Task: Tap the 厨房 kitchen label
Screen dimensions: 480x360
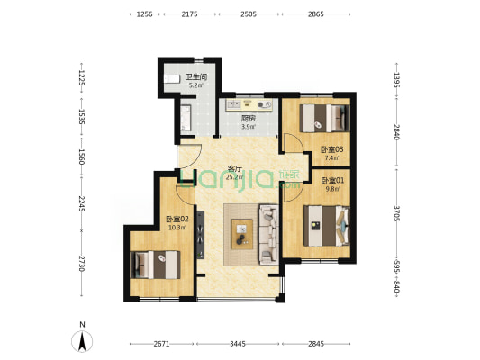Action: point(248,119)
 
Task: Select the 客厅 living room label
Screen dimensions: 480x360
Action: point(235,168)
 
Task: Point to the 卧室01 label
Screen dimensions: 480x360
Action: point(332,181)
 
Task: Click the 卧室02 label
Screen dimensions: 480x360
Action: point(177,220)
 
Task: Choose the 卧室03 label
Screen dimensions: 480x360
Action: point(331,149)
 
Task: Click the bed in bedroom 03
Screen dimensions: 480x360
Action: point(324,119)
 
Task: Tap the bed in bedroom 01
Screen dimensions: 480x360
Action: point(326,226)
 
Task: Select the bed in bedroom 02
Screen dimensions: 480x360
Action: point(155,265)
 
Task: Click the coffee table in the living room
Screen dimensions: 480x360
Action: point(242,234)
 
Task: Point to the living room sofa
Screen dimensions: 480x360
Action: point(269,234)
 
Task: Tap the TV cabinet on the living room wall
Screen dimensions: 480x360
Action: point(200,235)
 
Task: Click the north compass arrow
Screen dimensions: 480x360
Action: point(82,341)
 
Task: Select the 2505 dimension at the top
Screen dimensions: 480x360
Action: point(249,14)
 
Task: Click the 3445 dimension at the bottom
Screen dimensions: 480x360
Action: point(238,344)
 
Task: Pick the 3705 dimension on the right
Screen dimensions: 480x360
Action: point(396,213)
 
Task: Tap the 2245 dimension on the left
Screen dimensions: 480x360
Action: point(81,203)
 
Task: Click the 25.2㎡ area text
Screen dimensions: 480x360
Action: point(235,177)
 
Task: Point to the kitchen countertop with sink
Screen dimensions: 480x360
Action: point(249,105)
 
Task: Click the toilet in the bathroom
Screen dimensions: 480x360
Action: point(171,79)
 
